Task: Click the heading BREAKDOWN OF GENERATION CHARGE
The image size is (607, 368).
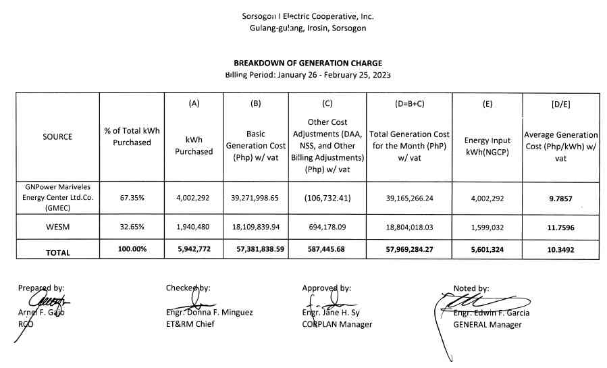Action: (x=308, y=63)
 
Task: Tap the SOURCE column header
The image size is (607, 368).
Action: (x=57, y=137)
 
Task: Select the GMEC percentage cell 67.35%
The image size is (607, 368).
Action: (x=132, y=199)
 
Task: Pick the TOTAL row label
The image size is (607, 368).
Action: (x=57, y=252)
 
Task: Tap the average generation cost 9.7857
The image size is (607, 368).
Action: (x=561, y=199)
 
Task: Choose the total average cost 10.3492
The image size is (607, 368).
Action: (x=561, y=250)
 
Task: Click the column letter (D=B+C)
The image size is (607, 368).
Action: (x=410, y=104)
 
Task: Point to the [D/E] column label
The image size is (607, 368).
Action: (x=561, y=104)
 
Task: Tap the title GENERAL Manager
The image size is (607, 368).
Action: (x=487, y=325)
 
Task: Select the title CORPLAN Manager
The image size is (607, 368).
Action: (x=337, y=324)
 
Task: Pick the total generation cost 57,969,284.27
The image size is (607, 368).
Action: (x=410, y=249)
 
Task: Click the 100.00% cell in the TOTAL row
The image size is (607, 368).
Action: (x=132, y=250)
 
